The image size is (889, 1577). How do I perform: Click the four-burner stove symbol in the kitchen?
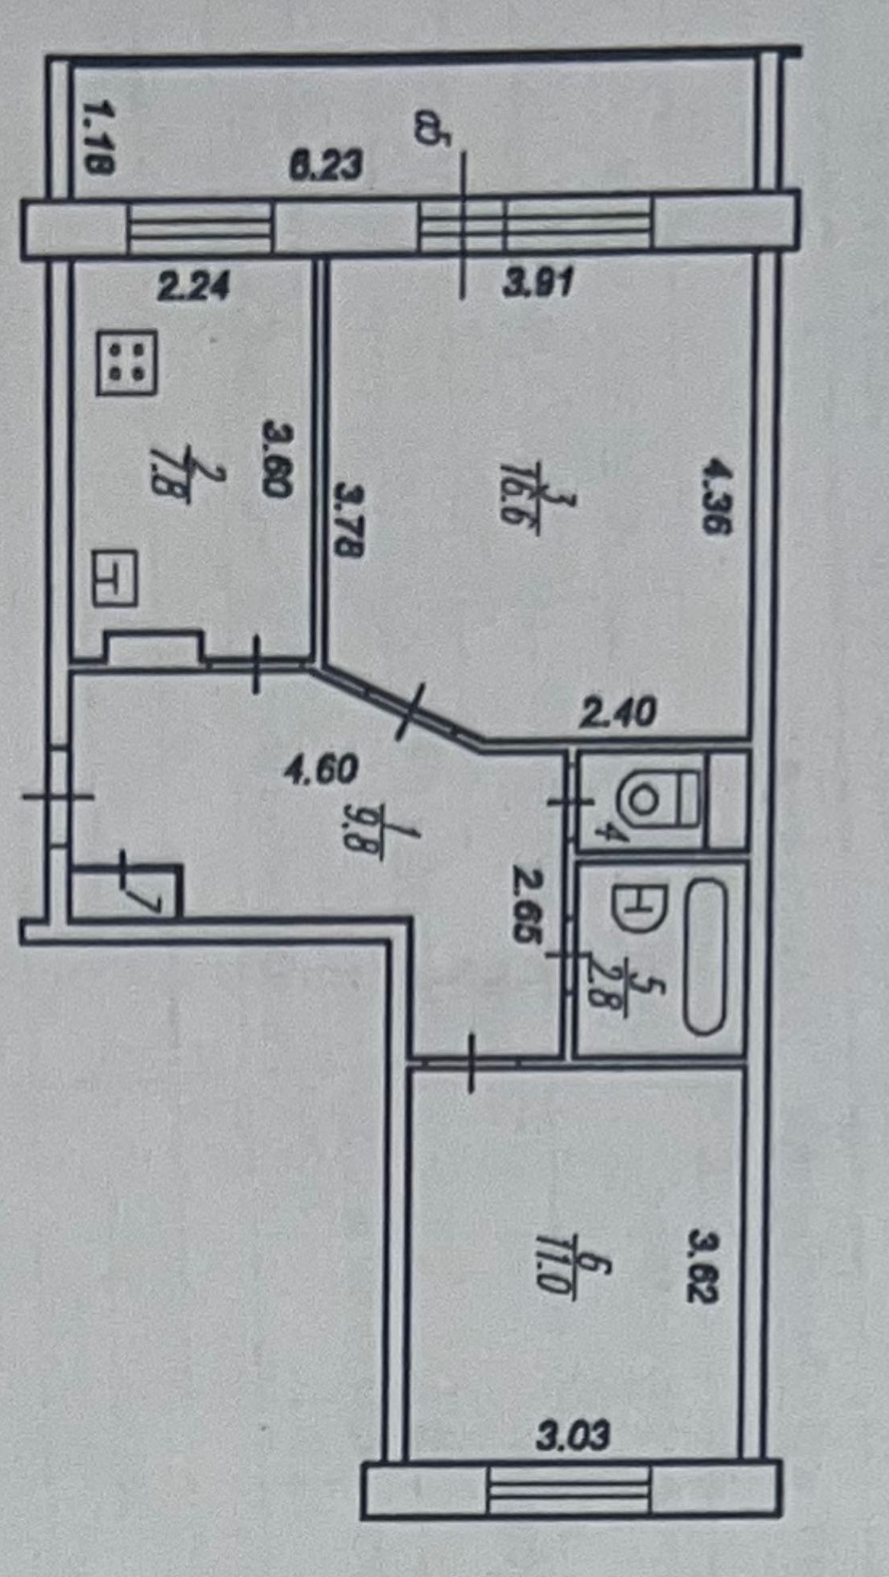(x=127, y=364)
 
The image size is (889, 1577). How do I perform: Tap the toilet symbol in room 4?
(x=655, y=800)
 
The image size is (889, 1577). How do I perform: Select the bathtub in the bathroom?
(x=705, y=957)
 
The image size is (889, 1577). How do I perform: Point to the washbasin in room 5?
(x=638, y=910)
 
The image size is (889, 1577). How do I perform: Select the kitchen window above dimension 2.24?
(x=201, y=229)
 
